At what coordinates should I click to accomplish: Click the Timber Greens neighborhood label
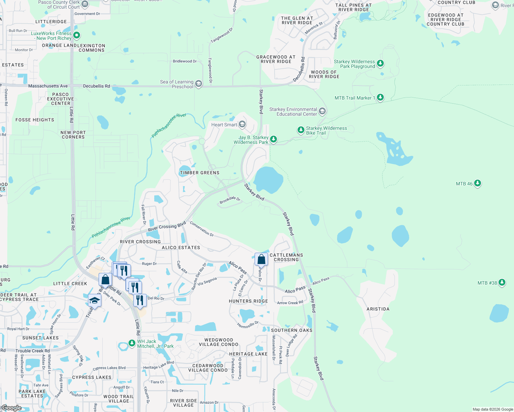pyautogui.click(x=200, y=173)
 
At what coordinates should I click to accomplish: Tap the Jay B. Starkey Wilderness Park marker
pyautogui.click(x=273, y=139)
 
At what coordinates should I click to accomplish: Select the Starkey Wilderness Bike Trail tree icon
pyautogui.click(x=301, y=130)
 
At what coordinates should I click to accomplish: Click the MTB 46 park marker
pyautogui.click(x=478, y=183)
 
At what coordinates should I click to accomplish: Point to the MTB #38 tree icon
pyautogui.click(x=502, y=283)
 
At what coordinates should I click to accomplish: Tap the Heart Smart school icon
pyautogui.click(x=242, y=124)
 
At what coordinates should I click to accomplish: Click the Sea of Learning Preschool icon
pyautogui.click(x=199, y=84)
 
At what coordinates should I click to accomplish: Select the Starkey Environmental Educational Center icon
pyautogui.click(x=322, y=111)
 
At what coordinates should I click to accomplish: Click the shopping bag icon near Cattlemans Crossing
pyautogui.click(x=261, y=260)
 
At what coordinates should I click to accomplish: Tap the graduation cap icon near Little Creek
pyautogui.click(x=94, y=301)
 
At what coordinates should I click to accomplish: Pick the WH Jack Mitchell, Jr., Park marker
pyautogui.click(x=132, y=343)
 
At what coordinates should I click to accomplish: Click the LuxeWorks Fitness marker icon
pyautogui.click(x=77, y=35)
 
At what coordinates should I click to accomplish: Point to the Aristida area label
pyautogui.click(x=378, y=309)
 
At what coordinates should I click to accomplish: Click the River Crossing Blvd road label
pyautogui.click(x=167, y=227)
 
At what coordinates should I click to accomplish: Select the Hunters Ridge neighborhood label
pyautogui.click(x=248, y=301)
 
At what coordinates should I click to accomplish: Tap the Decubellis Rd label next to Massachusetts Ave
pyautogui.click(x=97, y=86)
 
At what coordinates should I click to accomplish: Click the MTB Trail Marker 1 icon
pyautogui.click(x=380, y=98)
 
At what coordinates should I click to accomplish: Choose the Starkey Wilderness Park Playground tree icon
pyautogui.click(x=380, y=63)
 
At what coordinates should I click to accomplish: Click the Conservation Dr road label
pyautogui.click(x=202, y=229)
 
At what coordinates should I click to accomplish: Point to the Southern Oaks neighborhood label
pyautogui.click(x=292, y=330)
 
